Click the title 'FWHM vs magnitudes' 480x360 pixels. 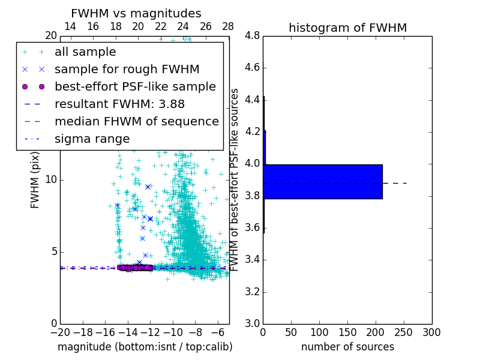point(136,14)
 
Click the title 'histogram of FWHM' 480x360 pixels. point(347,28)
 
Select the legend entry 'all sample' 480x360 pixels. point(85,52)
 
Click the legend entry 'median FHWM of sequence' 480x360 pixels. point(136,121)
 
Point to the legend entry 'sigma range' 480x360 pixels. point(92,139)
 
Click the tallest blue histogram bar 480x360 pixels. point(323,181)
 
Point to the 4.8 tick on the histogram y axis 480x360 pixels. point(252,35)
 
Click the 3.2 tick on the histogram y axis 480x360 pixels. point(252,292)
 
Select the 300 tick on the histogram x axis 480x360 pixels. point(431,332)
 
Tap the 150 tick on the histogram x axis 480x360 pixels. point(347,332)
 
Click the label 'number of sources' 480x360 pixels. point(347,347)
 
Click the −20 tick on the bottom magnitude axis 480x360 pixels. point(60,332)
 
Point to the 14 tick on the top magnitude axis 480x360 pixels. point(70,26)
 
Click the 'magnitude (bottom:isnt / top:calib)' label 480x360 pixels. point(145,347)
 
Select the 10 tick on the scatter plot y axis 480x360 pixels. point(51,179)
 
